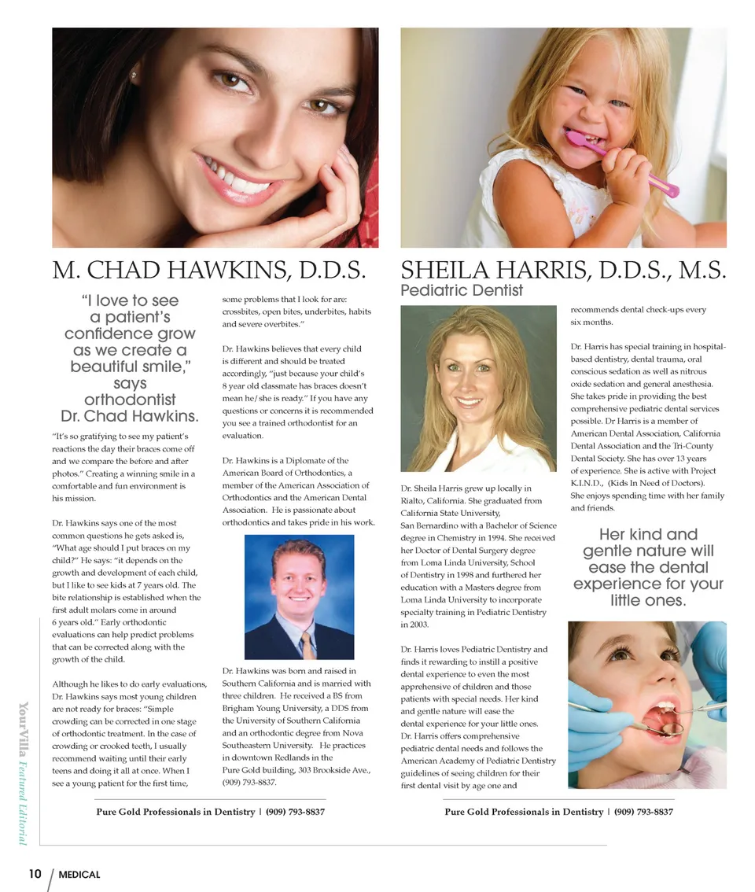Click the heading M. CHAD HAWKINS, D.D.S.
click(x=210, y=271)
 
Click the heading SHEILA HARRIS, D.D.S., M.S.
click(x=562, y=271)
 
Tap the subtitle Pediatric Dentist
click(x=462, y=290)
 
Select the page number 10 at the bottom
click(x=35, y=873)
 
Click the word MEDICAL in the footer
click(x=79, y=874)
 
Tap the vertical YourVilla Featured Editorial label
click(x=24, y=772)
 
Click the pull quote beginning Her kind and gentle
click(x=648, y=567)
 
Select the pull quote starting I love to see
click(x=130, y=358)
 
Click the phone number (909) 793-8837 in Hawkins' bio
click(x=249, y=783)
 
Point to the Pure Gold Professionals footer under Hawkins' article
click(x=210, y=811)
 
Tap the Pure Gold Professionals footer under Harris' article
click(x=558, y=811)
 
